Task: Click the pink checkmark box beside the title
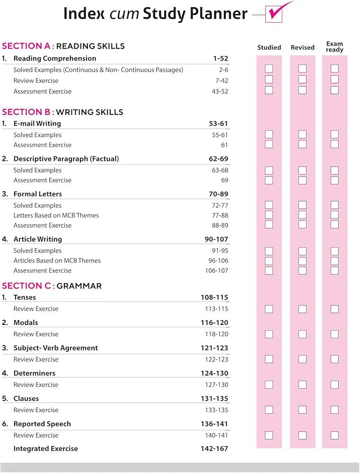click(x=274, y=14)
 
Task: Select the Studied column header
click(x=269, y=47)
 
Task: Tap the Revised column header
click(x=302, y=47)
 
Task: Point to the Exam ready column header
click(x=334, y=47)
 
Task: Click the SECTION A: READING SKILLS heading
click(x=63, y=46)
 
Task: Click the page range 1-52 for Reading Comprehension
click(x=220, y=59)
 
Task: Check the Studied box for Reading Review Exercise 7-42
click(x=269, y=79)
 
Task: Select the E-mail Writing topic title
click(x=37, y=123)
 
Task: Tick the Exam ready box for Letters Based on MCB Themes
click(x=334, y=215)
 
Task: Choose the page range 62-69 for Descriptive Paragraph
click(x=219, y=159)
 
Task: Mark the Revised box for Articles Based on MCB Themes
click(x=302, y=261)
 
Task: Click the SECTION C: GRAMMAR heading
click(x=52, y=286)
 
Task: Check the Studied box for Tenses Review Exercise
click(x=269, y=309)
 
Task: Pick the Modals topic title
click(x=26, y=323)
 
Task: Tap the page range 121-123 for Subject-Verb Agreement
click(x=214, y=348)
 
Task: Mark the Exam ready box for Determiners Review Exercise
click(x=334, y=385)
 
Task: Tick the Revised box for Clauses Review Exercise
click(x=302, y=410)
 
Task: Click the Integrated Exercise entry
click(x=45, y=448)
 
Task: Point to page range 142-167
click(x=214, y=448)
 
